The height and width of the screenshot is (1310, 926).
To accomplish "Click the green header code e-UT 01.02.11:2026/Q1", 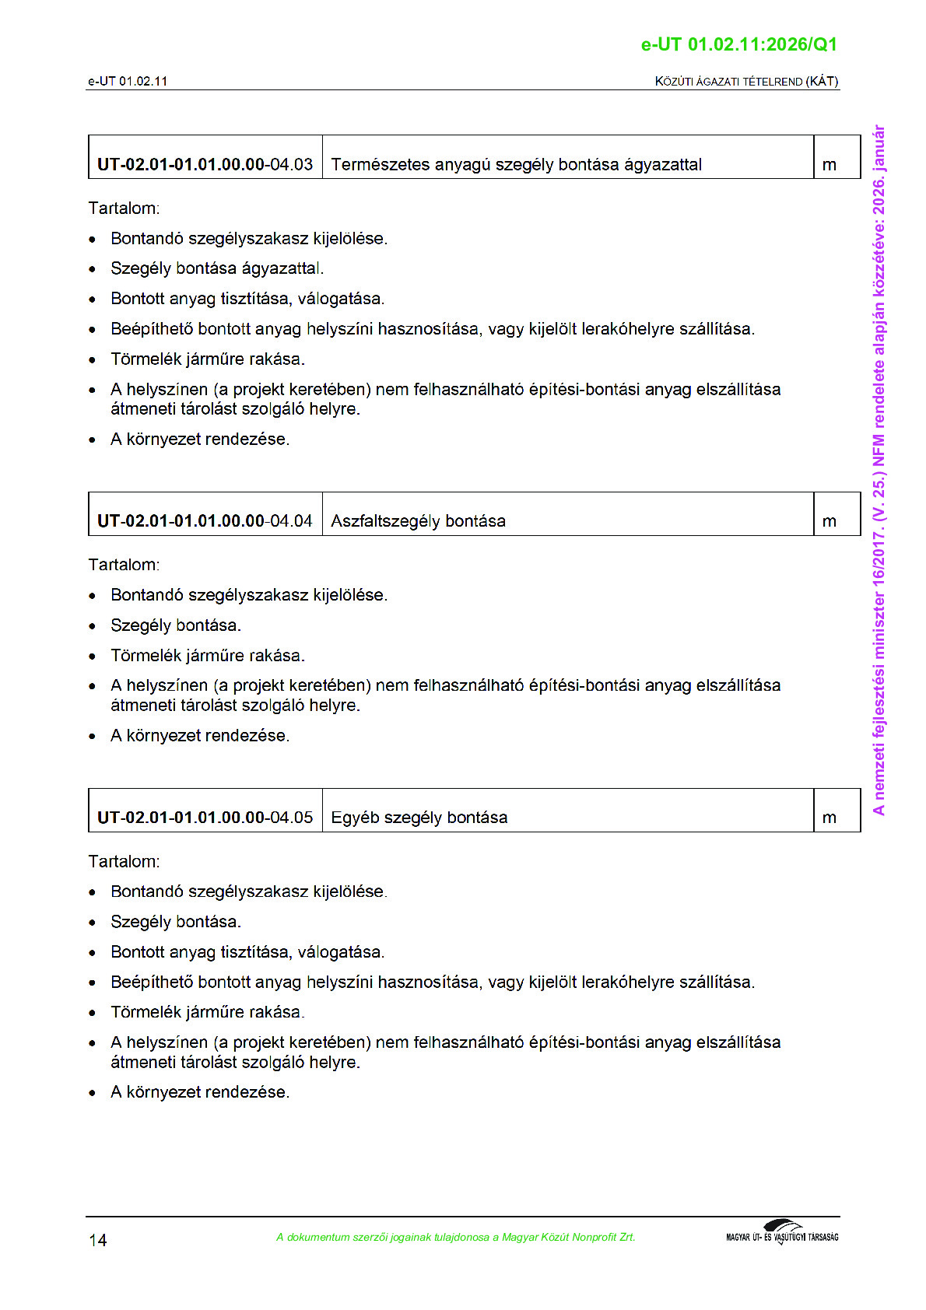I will (738, 44).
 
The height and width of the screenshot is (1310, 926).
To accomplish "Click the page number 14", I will (98, 1240).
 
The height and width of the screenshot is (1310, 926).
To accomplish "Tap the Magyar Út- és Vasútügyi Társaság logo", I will (782, 1233).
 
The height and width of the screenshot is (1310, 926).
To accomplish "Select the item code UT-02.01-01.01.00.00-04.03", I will (205, 164).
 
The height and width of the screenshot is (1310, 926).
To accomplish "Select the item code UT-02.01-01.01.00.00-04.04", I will (205, 520).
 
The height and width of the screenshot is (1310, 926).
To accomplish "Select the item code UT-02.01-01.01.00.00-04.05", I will (205, 818).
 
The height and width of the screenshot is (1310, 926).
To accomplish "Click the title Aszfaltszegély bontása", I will (418, 520).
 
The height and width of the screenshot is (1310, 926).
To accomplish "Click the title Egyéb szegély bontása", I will (419, 818).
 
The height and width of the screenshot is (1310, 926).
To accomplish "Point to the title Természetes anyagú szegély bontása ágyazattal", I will (516, 164).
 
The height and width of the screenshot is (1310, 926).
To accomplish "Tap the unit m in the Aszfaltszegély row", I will (830, 521).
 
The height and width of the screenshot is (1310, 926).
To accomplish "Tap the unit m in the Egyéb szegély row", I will (830, 818).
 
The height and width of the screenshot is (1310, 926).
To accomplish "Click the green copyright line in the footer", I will (455, 1237).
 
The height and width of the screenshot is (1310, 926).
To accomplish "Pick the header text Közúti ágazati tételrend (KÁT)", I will (746, 81).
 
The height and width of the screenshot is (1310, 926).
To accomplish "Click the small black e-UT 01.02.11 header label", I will (128, 81).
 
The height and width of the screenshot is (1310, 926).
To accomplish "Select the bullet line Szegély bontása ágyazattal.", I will (216, 268).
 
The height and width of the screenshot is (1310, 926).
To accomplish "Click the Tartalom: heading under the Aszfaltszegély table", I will (124, 565).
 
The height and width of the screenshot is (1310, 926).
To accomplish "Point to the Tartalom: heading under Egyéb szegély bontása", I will (124, 861).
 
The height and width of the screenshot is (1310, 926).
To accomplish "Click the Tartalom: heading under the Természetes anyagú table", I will (124, 208).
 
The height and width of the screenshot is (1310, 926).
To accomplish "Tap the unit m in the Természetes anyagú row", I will (830, 165).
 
